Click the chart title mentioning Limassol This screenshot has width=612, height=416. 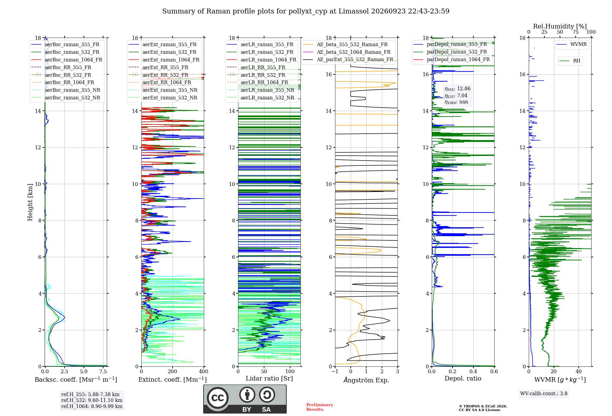[306, 11]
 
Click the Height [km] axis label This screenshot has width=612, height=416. [30, 202]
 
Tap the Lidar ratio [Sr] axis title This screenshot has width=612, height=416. [269, 378]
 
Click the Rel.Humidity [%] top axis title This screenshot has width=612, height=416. [560, 26]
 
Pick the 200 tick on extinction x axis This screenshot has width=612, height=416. [173, 371]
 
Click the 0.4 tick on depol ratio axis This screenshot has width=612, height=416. [473, 371]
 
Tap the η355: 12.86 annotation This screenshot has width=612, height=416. [457, 89]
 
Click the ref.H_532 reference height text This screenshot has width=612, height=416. [92, 400]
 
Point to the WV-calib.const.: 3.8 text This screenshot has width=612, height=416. [544, 393]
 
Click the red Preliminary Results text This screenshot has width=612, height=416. [320, 407]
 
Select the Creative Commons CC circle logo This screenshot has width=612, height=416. [218, 398]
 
